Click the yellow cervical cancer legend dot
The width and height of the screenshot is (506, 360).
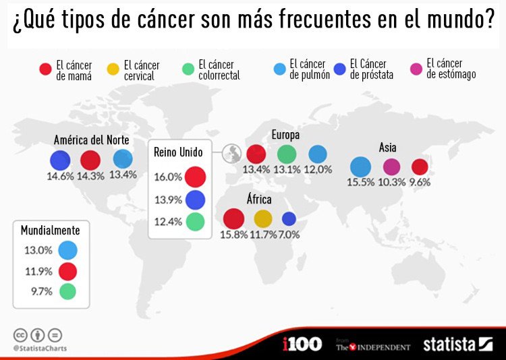pos(113,69)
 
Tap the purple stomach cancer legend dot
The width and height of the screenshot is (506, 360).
pos(417,68)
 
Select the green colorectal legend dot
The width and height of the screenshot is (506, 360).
pos(189,69)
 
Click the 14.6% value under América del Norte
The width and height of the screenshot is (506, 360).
pos(60,175)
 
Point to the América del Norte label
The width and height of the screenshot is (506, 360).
pos(91,140)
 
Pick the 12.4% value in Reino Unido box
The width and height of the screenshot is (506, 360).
pos(168,221)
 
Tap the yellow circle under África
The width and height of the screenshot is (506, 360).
pos(262,218)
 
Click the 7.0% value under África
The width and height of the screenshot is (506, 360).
pos(288,235)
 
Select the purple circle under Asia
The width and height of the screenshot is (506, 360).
pos(391,167)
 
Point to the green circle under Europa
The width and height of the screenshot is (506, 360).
pos(287,154)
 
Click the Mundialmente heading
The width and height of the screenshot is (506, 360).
pos(50,231)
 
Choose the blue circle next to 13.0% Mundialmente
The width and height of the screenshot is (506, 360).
pos(67,250)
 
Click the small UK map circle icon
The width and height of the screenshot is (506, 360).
pos(233,152)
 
